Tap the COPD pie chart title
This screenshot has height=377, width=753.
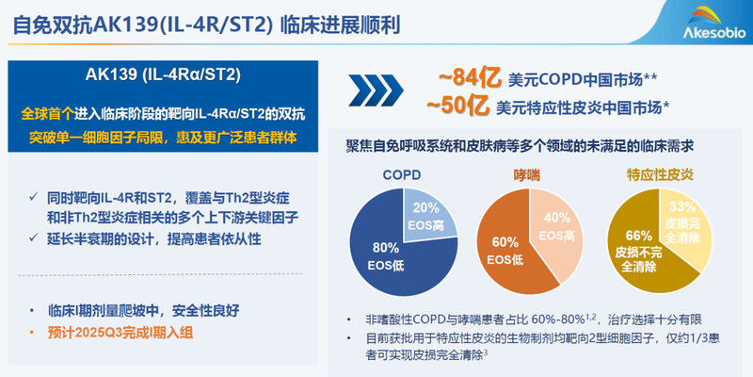[x=402, y=175]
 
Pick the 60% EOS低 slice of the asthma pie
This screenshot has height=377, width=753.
[x=504, y=250]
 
